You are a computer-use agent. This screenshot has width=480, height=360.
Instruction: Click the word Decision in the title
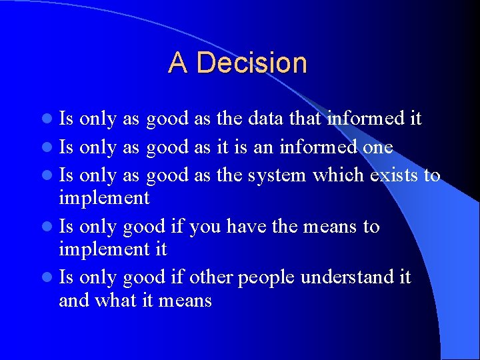(252, 63)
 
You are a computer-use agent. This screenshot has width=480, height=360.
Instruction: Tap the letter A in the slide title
(178, 63)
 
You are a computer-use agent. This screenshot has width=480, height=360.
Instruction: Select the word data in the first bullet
(265, 119)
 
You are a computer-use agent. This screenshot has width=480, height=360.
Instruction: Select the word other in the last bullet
(211, 277)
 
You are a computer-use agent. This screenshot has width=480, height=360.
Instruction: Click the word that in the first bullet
(307, 119)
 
